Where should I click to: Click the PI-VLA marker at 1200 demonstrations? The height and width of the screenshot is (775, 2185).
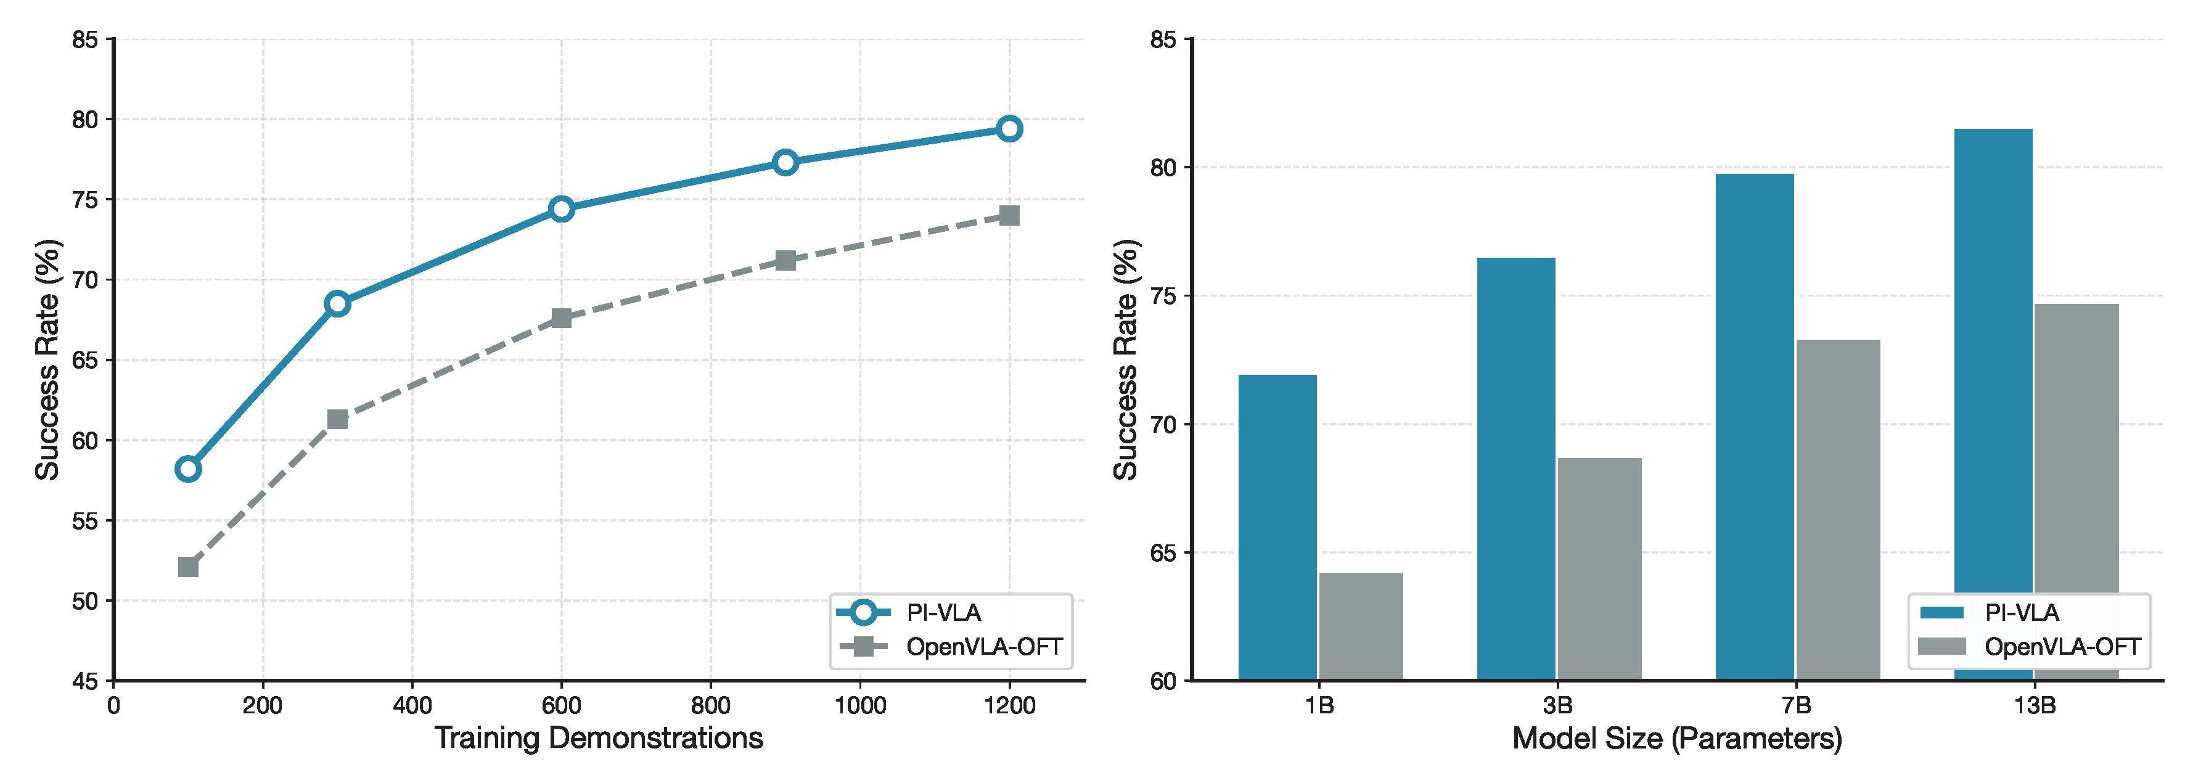point(1009,129)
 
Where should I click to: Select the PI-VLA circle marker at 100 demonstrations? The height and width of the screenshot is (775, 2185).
point(188,469)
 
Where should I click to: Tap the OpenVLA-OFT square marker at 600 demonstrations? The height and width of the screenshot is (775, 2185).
point(560,318)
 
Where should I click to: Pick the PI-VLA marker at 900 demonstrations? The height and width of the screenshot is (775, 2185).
point(785,162)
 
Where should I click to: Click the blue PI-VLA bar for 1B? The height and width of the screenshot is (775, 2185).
point(1277,526)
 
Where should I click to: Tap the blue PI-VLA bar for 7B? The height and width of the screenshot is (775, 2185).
point(1754,424)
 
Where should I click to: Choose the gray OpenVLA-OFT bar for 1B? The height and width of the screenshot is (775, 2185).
point(1361,626)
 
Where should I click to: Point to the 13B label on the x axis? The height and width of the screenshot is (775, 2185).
point(2034,705)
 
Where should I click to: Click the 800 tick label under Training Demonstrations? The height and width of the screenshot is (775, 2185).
point(710,705)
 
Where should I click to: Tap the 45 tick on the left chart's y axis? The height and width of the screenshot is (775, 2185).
point(85,681)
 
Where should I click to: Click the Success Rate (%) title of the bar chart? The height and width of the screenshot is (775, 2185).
point(1126,359)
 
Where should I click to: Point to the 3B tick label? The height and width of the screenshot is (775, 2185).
point(1557,705)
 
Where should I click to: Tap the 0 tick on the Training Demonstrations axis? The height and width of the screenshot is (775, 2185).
point(113,705)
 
